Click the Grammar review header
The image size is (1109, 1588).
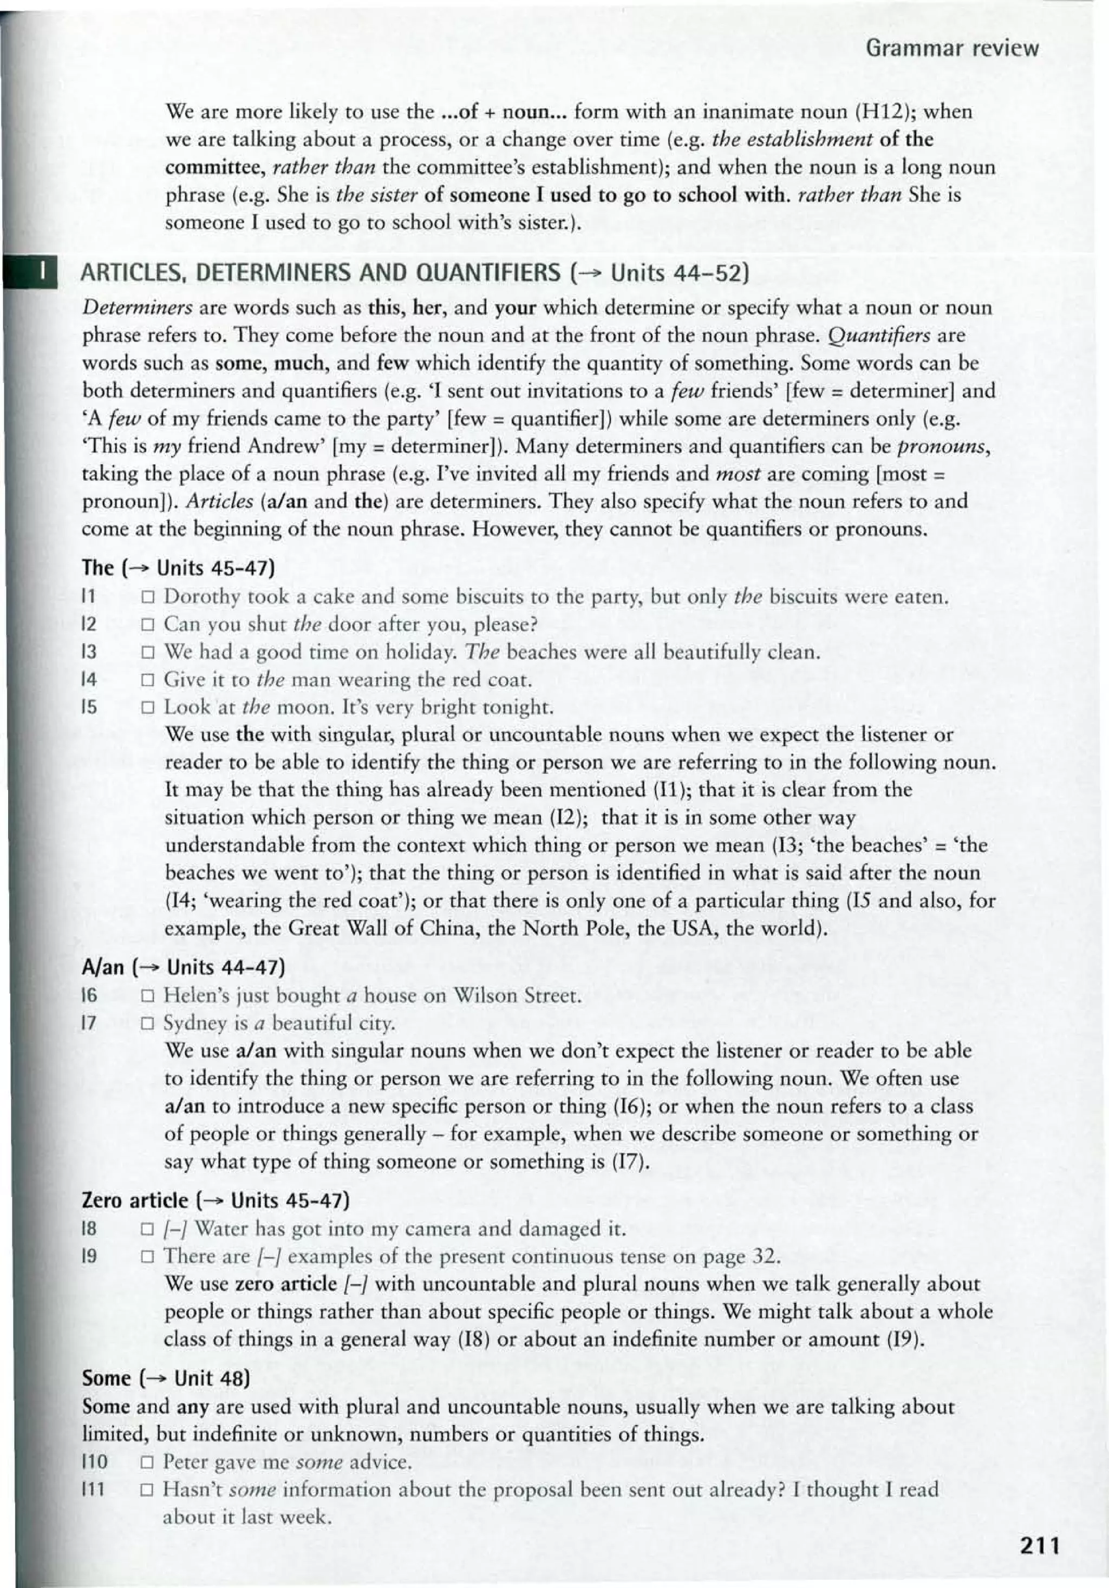pyautogui.click(x=952, y=48)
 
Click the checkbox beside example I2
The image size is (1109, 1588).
pyautogui.click(x=147, y=625)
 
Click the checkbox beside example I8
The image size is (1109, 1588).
pyautogui.click(x=147, y=1229)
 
